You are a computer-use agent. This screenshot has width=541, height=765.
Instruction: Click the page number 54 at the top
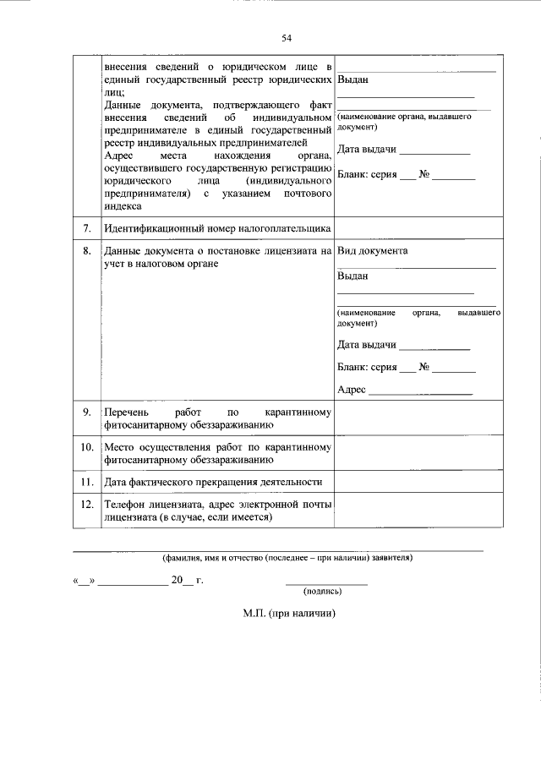[x=287, y=39]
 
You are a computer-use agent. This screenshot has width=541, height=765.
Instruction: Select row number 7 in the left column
[x=87, y=229]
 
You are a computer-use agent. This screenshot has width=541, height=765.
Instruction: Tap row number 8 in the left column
[x=87, y=251]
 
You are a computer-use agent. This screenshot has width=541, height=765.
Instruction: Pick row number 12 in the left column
[x=86, y=504]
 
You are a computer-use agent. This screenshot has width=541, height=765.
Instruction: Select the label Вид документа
[x=372, y=251]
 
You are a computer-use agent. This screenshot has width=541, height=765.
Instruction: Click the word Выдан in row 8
[x=352, y=276]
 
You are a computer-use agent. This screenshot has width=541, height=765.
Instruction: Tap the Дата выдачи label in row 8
[x=367, y=344]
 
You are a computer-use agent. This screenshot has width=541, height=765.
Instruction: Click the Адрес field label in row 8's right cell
[x=351, y=390]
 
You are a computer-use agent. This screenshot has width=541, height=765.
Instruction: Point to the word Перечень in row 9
[x=125, y=412]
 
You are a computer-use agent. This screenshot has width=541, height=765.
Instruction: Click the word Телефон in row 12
[x=125, y=504]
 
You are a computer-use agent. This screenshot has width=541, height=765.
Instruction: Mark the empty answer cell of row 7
[x=418, y=229]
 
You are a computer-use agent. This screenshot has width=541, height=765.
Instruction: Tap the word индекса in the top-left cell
[x=123, y=205]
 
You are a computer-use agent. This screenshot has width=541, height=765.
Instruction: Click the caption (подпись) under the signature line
[x=325, y=592]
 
